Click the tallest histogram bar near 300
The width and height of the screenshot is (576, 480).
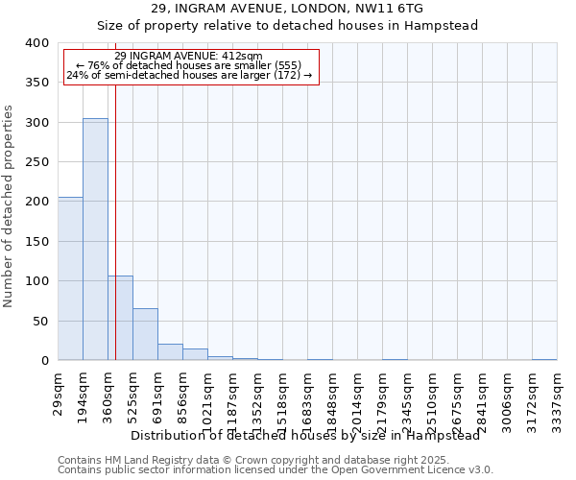tap(95, 240)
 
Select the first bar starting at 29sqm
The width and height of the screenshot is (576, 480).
tap(70, 278)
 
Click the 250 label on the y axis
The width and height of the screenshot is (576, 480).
tap(36, 162)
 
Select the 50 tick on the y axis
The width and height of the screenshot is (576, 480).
tap(40, 321)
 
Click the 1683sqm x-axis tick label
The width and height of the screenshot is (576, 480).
tap(308, 394)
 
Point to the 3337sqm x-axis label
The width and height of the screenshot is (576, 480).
tap(558, 394)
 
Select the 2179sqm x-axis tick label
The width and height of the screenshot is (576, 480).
tap(383, 394)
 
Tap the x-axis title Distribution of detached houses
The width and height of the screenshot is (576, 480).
tap(304, 435)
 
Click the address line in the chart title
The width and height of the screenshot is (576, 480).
tap(287, 9)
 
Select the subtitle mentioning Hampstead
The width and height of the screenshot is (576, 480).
tap(287, 25)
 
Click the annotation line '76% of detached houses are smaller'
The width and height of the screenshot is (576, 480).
tap(188, 65)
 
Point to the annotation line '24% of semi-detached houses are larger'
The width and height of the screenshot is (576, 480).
tap(189, 75)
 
